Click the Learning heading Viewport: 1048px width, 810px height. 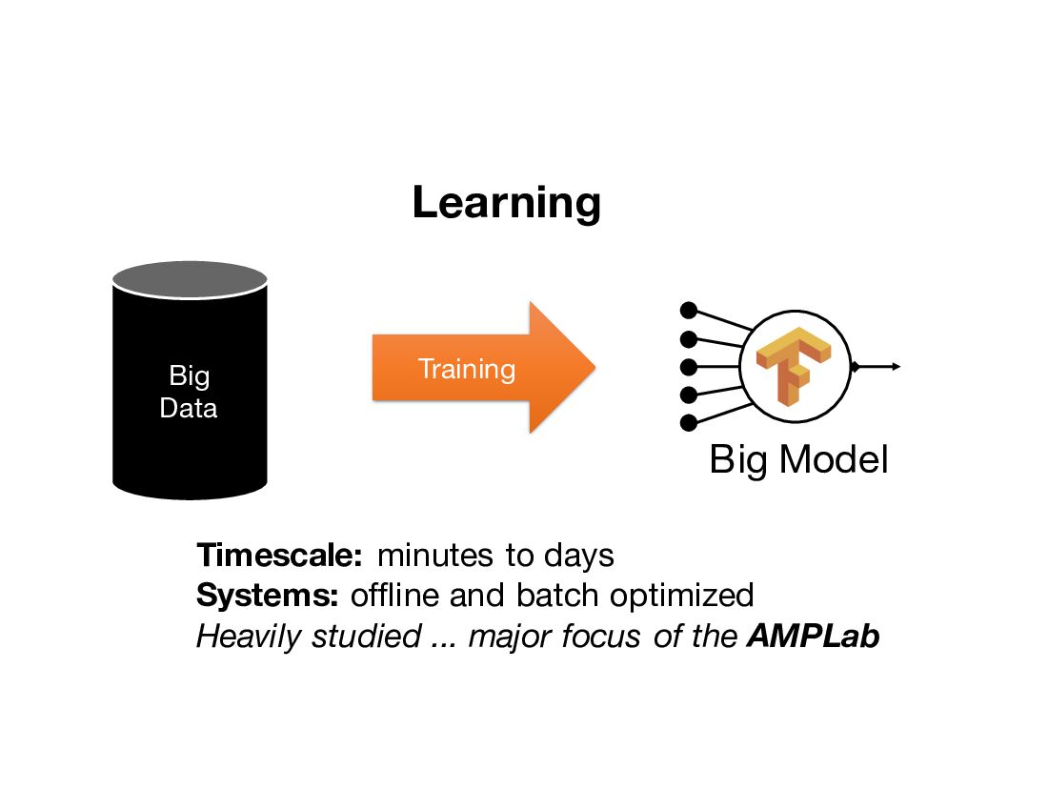(506, 203)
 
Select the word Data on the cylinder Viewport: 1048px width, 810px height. (189, 409)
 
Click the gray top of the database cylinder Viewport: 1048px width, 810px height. (190, 277)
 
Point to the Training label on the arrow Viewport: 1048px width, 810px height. (467, 369)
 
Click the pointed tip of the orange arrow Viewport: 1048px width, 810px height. (592, 367)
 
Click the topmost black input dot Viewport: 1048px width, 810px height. (689, 310)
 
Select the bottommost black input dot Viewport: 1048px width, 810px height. (689, 423)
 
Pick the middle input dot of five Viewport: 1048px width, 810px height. (689, 367)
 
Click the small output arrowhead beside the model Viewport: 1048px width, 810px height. (895, 367)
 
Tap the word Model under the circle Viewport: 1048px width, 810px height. (834, 461)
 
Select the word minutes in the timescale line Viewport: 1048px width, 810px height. (435, 556)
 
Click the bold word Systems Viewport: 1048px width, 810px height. (268, 596)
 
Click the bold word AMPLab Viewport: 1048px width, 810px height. (813, 637)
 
